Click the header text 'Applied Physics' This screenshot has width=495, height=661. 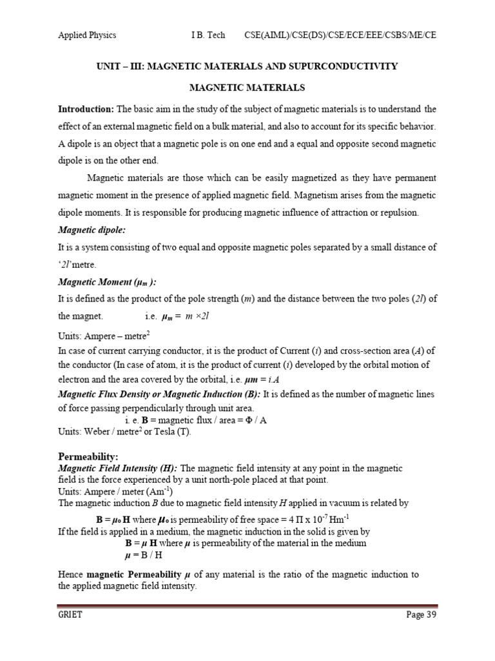tap(87, 35)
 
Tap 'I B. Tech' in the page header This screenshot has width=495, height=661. tap(208, 35)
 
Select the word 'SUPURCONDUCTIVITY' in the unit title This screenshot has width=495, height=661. tap(344, 66)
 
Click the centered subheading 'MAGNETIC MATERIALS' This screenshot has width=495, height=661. tap(247, 87)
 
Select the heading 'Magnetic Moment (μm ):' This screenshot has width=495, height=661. tap(108, 281)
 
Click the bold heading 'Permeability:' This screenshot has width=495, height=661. tap(88, 457)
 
